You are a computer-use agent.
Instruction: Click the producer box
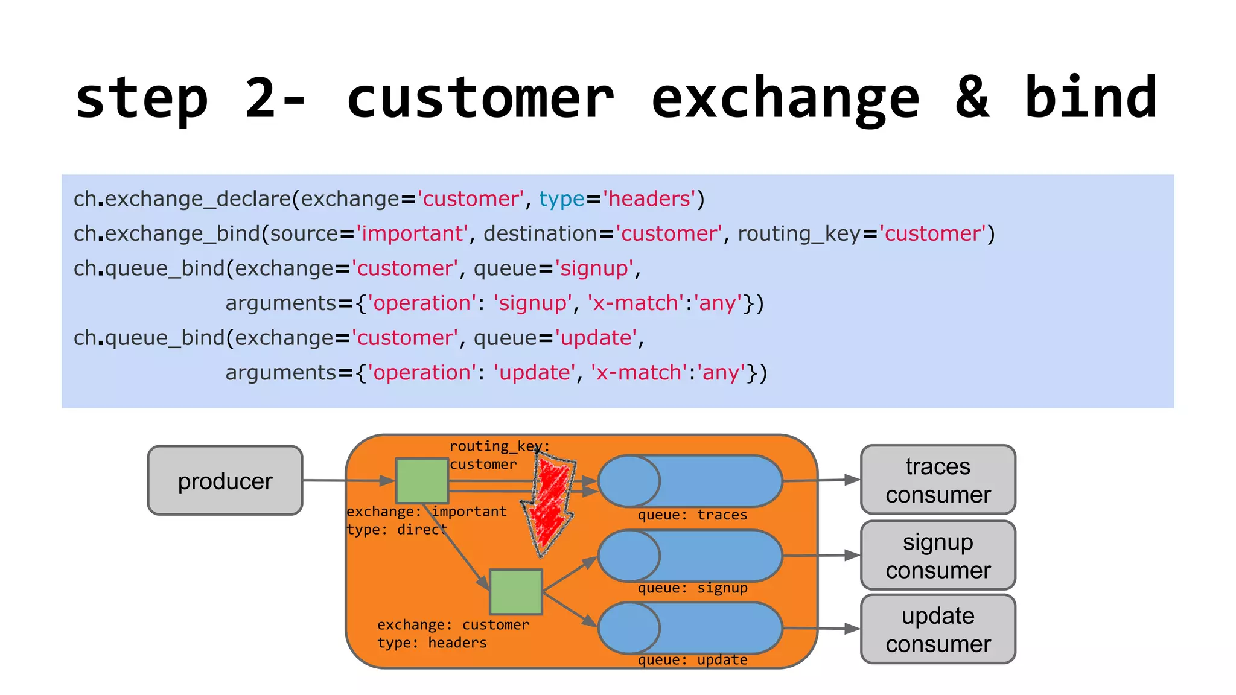click(225, 480)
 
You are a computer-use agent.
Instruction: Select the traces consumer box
click(938, 480)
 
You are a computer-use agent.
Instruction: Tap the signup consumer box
click(938, 556)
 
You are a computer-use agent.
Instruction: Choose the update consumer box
click(938, 629)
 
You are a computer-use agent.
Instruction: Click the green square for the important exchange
click(422, 481)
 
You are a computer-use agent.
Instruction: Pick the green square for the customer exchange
click(516, 592)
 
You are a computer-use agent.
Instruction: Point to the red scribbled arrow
click(549, 504)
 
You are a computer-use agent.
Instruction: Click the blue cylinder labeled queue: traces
click(690, 481)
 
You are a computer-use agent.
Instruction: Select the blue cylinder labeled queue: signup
click(690, 556)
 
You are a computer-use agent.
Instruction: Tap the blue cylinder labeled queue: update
click(690, 628)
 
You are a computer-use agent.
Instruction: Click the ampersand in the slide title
click(972, 98)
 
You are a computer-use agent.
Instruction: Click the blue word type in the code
click(561, 199)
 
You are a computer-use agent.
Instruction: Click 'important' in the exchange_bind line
click(412, 233)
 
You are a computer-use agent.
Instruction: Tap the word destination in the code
click(540, 233)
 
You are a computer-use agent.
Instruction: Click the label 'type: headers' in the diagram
click(432, 643)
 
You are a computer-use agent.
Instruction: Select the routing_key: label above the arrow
click(499, 446)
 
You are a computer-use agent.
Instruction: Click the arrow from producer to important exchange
click(348, 481)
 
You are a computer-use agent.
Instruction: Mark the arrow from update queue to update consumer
click(821, 629)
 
